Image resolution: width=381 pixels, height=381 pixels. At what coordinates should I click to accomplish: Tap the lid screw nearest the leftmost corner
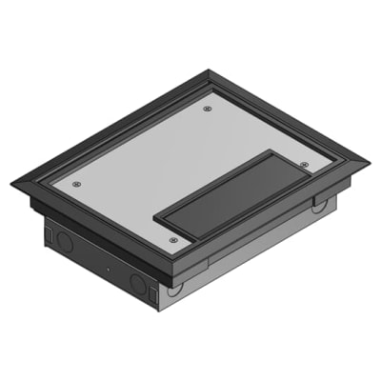point(77,184)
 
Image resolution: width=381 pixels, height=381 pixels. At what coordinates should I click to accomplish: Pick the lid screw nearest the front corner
point(172,240)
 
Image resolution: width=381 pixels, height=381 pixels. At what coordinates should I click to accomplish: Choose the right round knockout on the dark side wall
point(139,283)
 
